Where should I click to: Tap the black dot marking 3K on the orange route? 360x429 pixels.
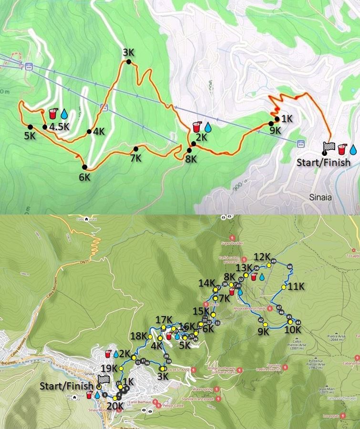pyautogui.click(x=128, y=61)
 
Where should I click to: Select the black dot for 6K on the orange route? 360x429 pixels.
pyautogui.click(x=84, y=167)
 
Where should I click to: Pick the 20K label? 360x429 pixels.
pyautogui.click(x=115, y=406)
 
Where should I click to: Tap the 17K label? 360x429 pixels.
pyautogui.click(x=164, y=319)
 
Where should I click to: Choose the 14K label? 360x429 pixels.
pyautogui.click(x=207, y=283)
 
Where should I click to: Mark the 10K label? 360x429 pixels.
pyautogui.click(x=292, y=329)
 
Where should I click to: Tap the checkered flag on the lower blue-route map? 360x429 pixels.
pyautogui.click(x=103, y=380)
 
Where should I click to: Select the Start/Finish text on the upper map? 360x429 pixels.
pyautogui.click(x=323, y=163)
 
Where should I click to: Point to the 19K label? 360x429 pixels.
pyautogui.click(x=109, y=368)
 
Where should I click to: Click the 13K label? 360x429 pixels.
pyautogui.click(x=244, y=267)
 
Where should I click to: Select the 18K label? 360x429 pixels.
pyautogui.click(x=139, y=336)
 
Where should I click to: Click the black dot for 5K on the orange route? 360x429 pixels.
pyautogui.click(x=30, y=127)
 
